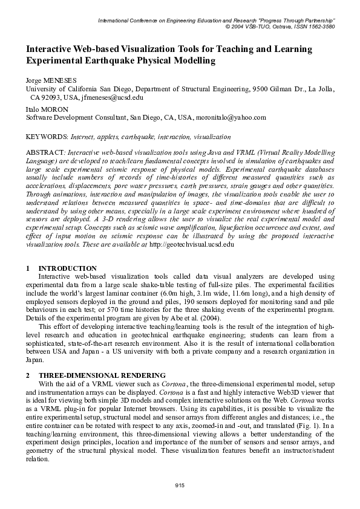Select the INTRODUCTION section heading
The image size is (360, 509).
(x=67, y=268)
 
